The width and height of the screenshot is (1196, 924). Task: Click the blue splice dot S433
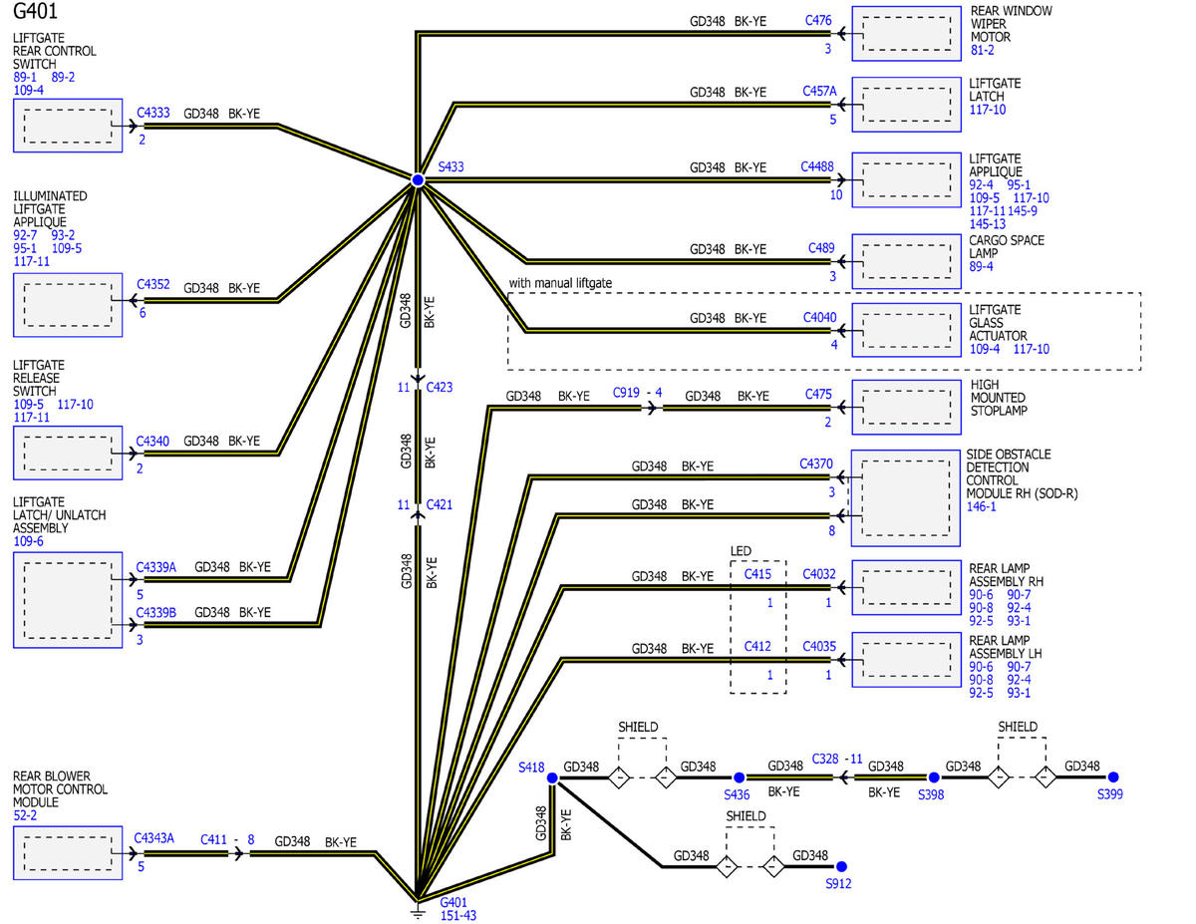point(418,179)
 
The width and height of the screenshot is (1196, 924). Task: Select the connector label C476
point(818,20)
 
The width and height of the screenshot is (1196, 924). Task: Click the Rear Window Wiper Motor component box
point(906,34)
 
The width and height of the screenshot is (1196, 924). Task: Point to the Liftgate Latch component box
point(906,105)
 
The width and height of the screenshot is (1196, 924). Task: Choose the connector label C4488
point(817,166)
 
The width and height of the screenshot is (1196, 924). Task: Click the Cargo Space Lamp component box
point(906,261)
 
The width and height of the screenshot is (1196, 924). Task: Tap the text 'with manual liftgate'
point(560,283)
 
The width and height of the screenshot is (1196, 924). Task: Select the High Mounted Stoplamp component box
point(906,408)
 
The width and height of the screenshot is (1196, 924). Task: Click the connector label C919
point(626,393)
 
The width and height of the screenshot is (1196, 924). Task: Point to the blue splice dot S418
point(552,777)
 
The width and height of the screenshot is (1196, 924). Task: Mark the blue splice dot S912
point(841,866)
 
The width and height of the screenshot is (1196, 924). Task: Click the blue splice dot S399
point(1113,777)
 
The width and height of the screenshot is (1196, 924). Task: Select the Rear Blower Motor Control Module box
point(68,853)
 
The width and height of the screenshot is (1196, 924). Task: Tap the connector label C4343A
point(154,838)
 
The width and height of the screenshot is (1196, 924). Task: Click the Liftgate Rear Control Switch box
point(68,126)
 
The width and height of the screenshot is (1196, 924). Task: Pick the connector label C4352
point(153,284)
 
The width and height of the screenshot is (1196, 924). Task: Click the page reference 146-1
point(982,506)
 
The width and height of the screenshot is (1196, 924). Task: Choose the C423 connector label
point(440,387)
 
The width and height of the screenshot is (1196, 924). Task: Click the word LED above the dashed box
point(741,551)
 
